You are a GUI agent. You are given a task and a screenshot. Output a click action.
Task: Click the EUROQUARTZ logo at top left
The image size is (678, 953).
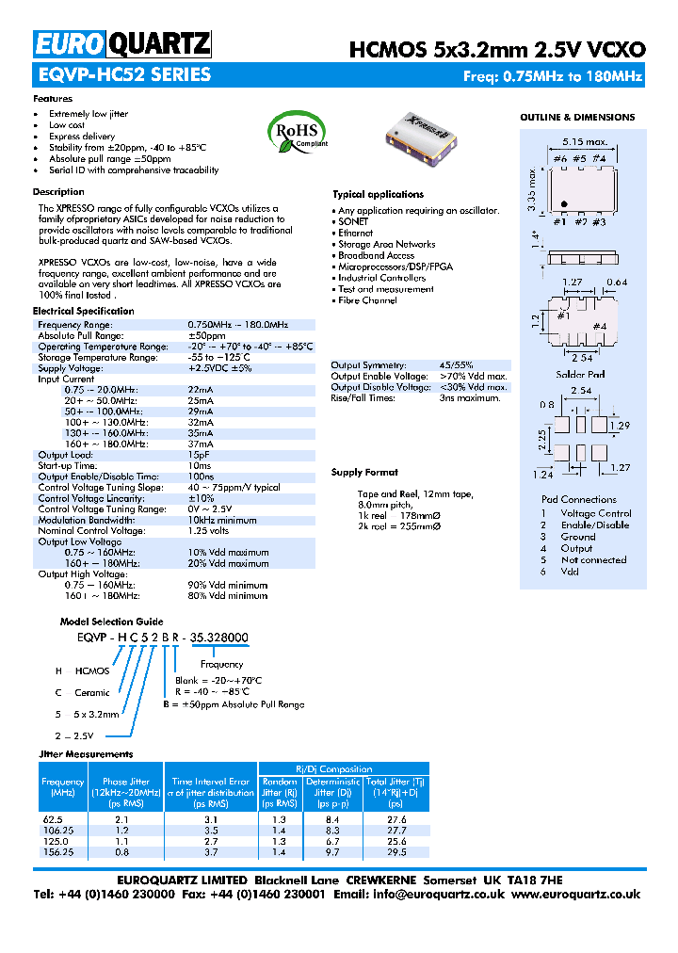tap(122, 44)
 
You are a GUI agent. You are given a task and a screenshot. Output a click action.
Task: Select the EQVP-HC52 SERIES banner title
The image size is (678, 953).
tap(122, 75)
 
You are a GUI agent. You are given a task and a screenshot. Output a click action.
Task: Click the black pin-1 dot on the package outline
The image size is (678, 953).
tap(563, 204)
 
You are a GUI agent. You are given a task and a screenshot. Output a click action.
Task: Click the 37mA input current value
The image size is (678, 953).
tap(201, 444)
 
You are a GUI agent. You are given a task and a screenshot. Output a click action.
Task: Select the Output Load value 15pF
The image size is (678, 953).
tap(199, 455)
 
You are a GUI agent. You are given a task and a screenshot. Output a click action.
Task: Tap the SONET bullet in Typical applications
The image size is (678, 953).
tap(354, 222)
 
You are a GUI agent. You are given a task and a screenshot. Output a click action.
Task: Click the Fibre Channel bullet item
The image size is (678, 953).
tap(367, 300)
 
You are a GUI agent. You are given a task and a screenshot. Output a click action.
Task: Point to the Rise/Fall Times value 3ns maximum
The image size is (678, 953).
tap(469, 398)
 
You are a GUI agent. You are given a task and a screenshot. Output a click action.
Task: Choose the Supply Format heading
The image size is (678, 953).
tap(364, 473)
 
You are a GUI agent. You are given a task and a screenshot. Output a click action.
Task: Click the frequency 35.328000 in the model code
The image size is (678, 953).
tap(220, 638)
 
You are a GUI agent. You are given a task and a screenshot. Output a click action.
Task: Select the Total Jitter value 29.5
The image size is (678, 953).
tap(396, 851)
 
